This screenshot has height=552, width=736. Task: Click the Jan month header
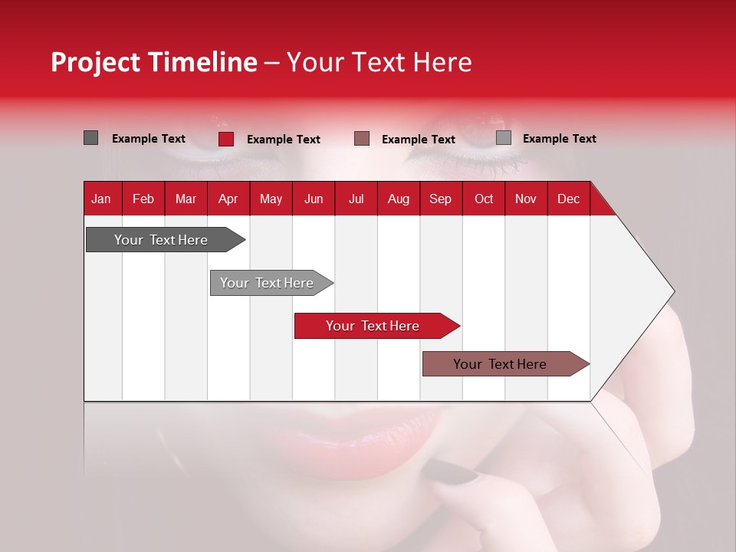[x=101, y=199]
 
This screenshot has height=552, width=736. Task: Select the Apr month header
[x=228, y=199]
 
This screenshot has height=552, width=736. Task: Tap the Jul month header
[x=356, y=199]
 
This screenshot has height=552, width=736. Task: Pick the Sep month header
[x=440, y=199]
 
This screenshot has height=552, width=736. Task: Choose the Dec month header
[x=568, y=199]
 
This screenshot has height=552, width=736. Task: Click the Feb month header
[x=143, y=199]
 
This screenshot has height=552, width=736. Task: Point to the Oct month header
[x=484, y=199]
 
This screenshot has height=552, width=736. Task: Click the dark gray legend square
[x=90, y=138]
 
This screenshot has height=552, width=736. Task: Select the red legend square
[x=226, y=139]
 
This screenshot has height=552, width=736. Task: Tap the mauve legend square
[x=362, y=139]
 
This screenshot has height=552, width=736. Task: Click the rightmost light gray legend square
[x=504, y=138]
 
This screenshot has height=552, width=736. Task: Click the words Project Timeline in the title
[x=154, y=62]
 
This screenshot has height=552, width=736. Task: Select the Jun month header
[x=314, y=199]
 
